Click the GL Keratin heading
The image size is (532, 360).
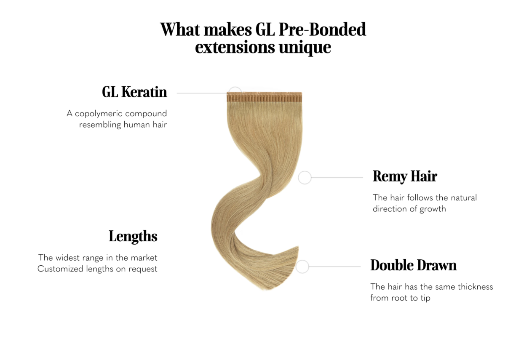point(134,92)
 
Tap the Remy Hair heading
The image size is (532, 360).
point(405,176)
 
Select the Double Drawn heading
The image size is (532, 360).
point(414,265)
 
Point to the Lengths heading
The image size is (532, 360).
point(133,237)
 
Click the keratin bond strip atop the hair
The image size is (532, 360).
point(265,97)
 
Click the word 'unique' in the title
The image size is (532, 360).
point(305,48)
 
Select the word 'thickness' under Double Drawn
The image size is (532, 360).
point(475,287)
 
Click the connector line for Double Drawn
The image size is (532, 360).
point(334,267)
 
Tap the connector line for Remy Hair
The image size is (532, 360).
point(337,177)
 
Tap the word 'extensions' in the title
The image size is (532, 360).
point(235,47)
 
